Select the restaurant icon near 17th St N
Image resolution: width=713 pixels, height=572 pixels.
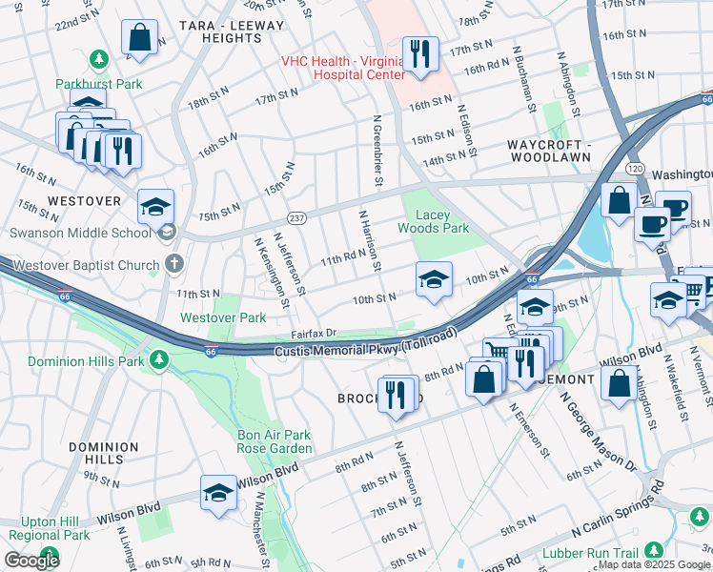point(418,52)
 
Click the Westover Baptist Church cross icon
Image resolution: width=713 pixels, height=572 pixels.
point(173,262)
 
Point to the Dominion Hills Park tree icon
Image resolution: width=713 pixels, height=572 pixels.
point(161,361)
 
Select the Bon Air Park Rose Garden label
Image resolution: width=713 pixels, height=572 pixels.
point(275,442)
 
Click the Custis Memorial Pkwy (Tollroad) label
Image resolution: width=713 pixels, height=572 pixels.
point(367,346)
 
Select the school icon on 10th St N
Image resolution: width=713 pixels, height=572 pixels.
point(433,279)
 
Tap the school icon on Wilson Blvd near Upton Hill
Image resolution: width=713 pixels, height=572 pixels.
point(218,493)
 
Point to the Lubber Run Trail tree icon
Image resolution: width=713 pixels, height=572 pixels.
point(654,550)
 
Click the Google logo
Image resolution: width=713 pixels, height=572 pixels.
point(32,561)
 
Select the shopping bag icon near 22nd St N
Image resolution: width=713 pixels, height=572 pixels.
point(139,38)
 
